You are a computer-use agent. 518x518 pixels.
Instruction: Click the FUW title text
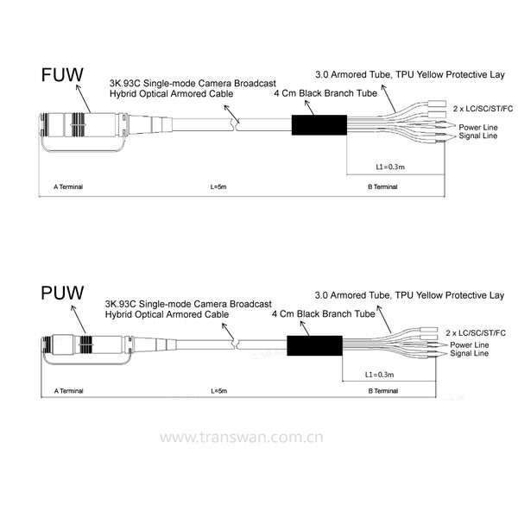point(62,75)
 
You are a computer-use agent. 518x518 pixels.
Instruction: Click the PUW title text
point(62,293)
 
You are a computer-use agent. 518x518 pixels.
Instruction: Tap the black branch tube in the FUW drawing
point(319,125)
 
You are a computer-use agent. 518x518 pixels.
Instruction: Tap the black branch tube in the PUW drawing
point(314,345)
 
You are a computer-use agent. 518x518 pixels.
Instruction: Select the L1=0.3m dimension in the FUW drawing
point(390,167)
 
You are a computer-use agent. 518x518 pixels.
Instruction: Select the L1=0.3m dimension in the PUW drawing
point(379,375)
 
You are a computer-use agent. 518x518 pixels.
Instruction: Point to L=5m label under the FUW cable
point(218,186)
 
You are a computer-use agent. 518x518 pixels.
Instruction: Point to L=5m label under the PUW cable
point(219,391)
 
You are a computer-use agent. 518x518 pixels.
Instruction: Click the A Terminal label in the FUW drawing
point(68,186)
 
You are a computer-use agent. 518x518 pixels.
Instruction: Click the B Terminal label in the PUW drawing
point(383,391)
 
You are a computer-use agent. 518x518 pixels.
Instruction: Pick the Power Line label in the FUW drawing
point(478,127)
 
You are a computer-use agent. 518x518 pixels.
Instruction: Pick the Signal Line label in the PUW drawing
point(469,353)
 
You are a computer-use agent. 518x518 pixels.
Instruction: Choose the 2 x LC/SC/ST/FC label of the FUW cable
point(483,109)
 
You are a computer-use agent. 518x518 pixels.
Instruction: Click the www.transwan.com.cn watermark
point(242,437)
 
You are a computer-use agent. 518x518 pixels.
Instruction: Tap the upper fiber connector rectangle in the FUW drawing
point(437,104)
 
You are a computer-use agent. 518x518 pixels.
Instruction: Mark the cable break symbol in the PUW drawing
point(236,344)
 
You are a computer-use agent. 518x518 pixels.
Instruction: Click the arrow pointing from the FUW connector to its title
point(83,98)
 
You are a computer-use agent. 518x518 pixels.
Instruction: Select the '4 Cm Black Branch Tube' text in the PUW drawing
point(324,313)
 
